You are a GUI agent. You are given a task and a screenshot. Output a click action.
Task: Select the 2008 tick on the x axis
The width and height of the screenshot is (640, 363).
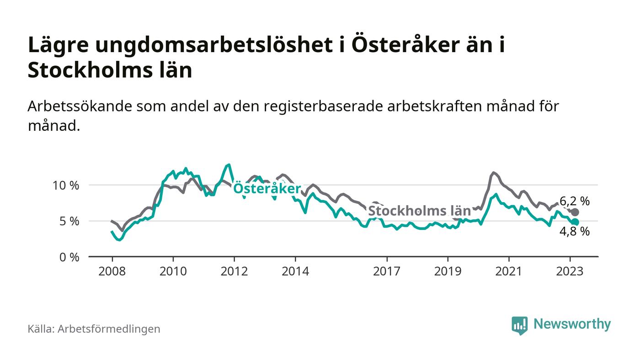click(x=112, y=271)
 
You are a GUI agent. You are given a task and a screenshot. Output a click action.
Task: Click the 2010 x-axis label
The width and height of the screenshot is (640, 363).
click(x=173, y=271)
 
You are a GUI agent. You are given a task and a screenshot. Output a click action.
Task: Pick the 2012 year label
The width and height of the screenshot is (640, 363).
click(x=235, y=271)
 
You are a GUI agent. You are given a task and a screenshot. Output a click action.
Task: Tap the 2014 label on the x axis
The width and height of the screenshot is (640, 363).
click(x=295, y=271)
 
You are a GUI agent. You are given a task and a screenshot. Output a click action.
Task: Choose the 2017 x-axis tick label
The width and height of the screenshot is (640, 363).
click(x=387, y=271)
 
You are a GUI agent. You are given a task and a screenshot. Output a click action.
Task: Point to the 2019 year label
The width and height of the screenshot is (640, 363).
click(x=448, y=271)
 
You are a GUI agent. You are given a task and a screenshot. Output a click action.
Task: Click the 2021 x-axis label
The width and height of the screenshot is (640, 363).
click(x=509, y=271)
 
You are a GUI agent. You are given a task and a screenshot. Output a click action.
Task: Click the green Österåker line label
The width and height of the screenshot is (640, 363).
click(x=267, y=189)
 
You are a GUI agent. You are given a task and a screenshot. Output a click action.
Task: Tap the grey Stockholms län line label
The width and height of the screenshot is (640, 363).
click(x=419, y=211)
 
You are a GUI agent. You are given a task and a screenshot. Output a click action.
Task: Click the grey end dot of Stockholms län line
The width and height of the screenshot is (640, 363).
click(x=575, y=212)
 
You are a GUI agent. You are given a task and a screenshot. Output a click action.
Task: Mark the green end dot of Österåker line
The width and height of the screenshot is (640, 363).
click(x=575, y=222)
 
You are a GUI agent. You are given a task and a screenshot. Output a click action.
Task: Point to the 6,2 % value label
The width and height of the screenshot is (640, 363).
click(x=574, y=201)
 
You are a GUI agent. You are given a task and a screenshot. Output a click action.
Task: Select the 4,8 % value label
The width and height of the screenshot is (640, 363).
click(x=574, y=232)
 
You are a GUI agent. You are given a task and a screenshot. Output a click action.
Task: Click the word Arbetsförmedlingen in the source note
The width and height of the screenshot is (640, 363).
click(x=109, y=329)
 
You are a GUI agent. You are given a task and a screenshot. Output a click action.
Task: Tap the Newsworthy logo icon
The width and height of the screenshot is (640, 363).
click(x=519, y=325)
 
